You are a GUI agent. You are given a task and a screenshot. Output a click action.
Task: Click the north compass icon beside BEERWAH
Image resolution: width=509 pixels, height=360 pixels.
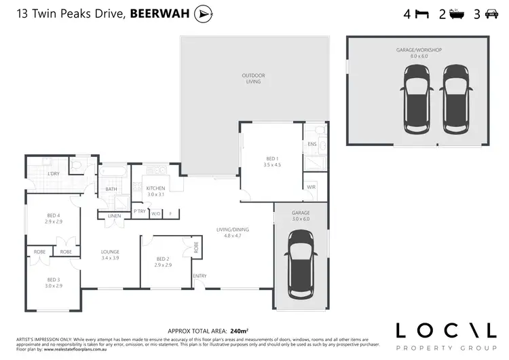point(202,14)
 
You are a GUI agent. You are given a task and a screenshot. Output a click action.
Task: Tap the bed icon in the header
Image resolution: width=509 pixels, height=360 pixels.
point(421,14)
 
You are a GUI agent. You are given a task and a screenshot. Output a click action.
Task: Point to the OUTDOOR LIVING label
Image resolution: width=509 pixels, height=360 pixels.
point(253,78)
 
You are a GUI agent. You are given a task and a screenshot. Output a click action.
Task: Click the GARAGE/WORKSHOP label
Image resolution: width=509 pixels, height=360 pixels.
point(419,50)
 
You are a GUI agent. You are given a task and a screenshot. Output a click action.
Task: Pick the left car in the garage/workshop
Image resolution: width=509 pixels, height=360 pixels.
point(417,100)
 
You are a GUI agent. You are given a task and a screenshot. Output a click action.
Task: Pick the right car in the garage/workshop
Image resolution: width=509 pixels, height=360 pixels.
point(454,100)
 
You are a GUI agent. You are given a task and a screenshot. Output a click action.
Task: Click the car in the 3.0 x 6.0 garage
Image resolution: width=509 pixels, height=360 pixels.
point(300,264)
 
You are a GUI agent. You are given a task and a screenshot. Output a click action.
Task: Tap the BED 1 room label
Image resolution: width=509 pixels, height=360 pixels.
point(272,158)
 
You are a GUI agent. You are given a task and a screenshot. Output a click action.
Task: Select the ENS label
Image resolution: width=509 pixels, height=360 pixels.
point(312,145)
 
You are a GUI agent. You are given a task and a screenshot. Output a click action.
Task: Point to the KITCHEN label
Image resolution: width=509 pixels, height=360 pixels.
point(156,188)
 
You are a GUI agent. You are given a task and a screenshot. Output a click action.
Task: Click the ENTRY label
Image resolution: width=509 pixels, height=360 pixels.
point(200,276)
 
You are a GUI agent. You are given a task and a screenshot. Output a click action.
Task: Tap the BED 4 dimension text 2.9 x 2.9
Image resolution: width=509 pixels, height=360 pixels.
point(54,222)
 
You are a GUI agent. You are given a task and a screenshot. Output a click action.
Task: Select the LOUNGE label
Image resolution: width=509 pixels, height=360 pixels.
point(110,251)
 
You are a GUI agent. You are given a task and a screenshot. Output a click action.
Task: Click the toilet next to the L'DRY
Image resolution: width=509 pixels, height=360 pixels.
point(77,164)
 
